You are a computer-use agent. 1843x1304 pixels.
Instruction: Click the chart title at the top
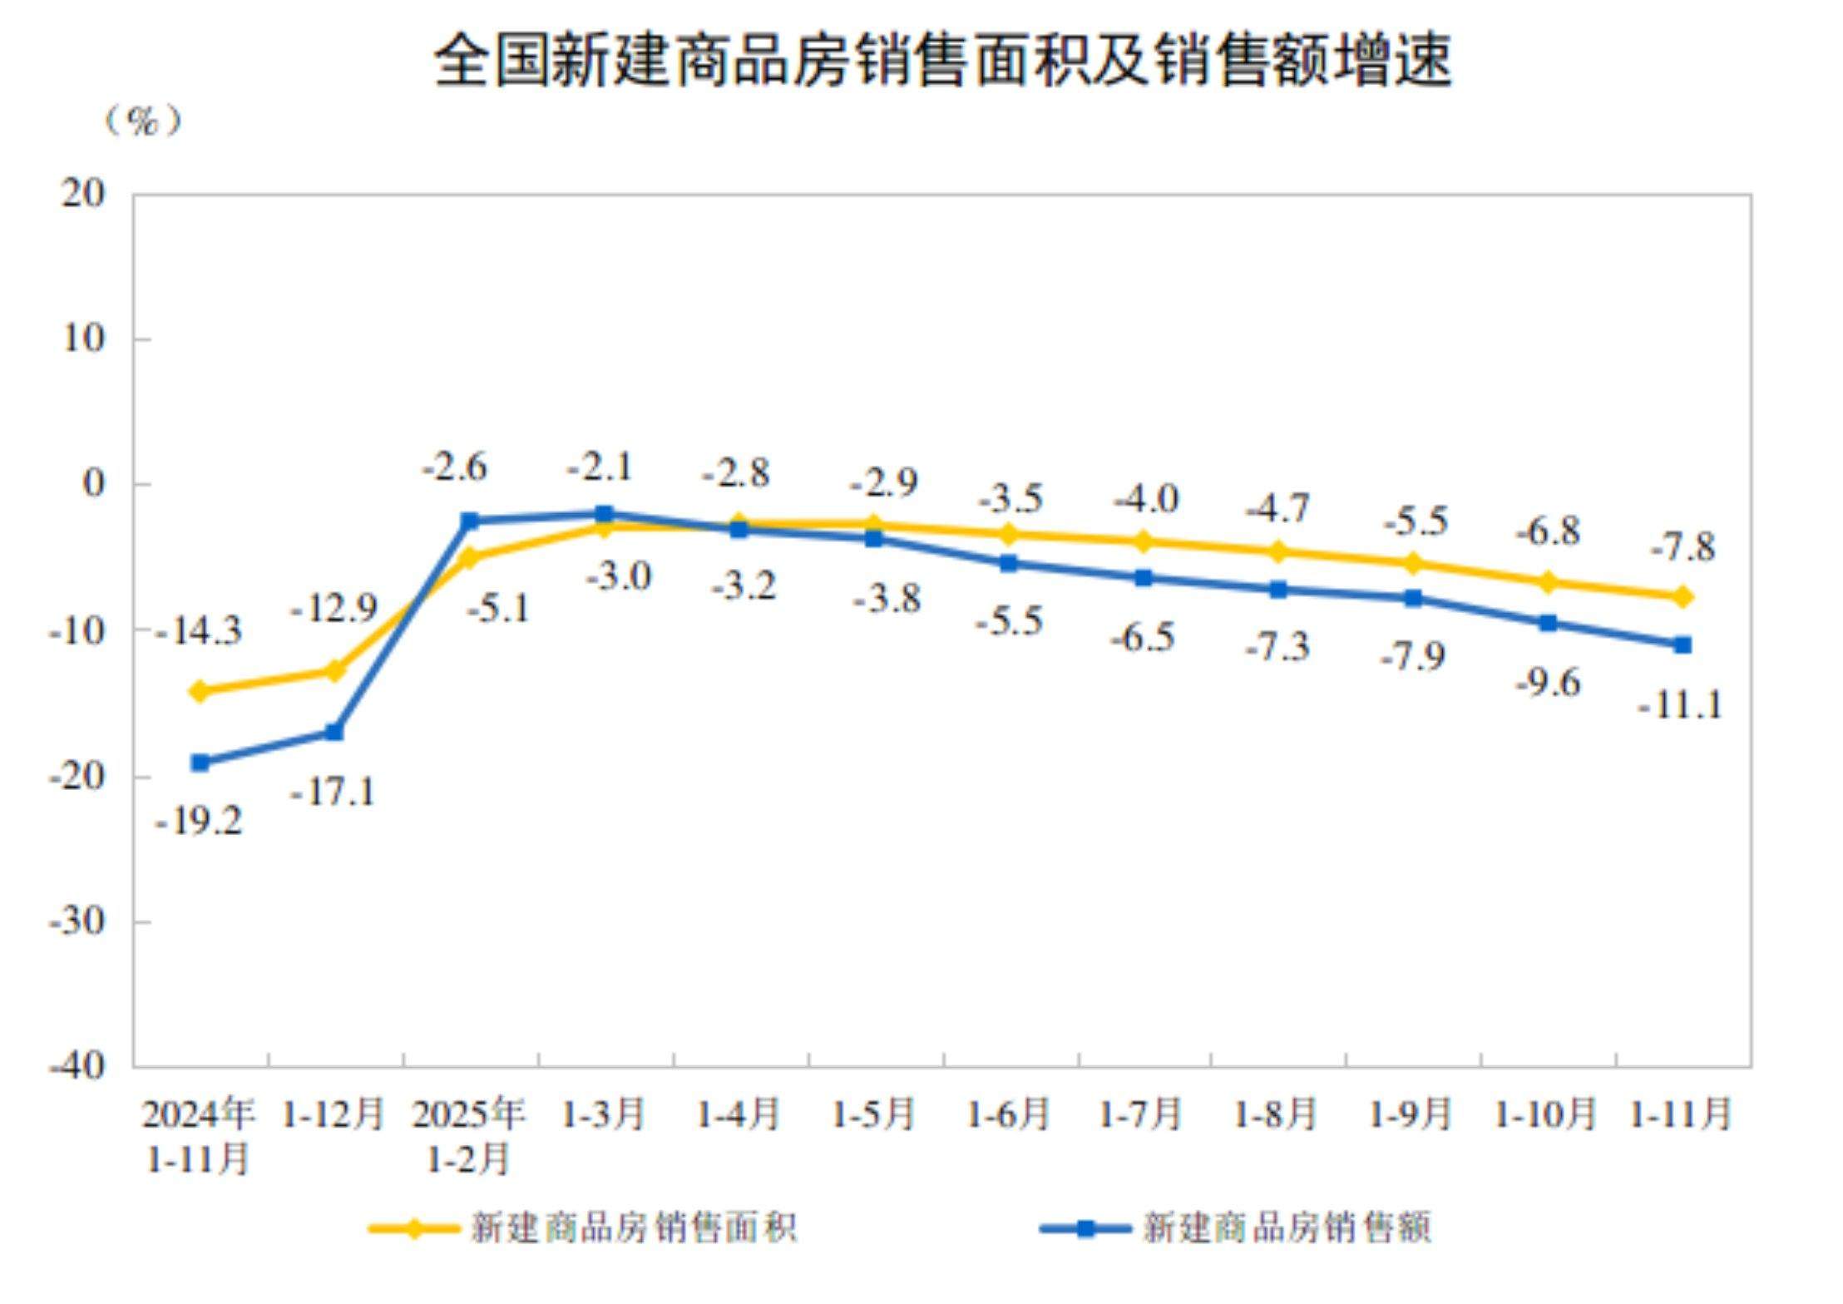(941, 60)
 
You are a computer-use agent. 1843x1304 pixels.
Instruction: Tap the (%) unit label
(142, 121)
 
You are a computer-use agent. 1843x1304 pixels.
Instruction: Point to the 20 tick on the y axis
(83, 194)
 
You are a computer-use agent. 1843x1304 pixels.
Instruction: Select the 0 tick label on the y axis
(94, 483)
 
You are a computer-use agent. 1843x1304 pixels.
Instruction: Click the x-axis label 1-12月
(334, 1114)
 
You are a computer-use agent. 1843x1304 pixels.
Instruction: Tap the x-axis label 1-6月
(1008, 1114)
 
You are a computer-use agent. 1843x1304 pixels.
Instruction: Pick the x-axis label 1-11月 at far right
(1681, 1114)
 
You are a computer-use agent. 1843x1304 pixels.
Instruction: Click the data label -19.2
(199, 822)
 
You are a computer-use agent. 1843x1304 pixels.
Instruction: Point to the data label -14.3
(199, 631)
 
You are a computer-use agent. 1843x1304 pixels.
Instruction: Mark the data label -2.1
(600, 467)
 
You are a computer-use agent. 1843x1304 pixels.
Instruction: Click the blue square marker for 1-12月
(334, 732)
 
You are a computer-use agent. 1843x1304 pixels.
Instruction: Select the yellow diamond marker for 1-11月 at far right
(1682, 596)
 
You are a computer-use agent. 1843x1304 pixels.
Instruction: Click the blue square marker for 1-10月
(1548, 623)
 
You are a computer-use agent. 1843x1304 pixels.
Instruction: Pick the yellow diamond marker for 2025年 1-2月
(469, 557)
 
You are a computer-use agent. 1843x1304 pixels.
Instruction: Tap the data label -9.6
(1548, 683)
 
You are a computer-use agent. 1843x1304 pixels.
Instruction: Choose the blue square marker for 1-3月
(604, 514)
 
